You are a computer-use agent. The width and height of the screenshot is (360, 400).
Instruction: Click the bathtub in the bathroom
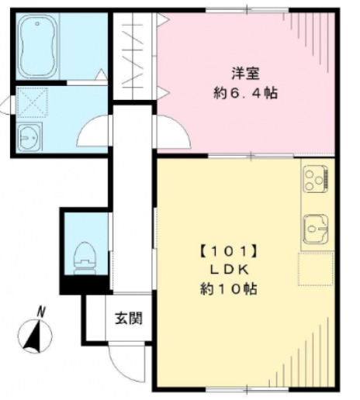click(x=38, y=47)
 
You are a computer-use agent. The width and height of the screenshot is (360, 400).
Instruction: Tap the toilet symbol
click(x=85, y=258)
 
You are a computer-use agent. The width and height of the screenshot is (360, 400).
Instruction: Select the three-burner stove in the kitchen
click(x=315, y=179)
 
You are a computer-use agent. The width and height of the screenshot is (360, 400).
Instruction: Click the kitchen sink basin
click(x=316, y=229)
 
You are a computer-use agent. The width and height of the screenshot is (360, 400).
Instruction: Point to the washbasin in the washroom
click(x=29, y=137)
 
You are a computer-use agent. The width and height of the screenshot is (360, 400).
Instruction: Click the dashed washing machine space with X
click(x=32, y=102)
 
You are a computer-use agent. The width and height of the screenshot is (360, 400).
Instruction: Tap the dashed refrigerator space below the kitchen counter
click(x=316, y=269)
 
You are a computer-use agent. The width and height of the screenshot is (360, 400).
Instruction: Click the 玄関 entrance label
click(x=129, y=318)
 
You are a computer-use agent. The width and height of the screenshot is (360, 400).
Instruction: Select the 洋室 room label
click(x=245, y=73)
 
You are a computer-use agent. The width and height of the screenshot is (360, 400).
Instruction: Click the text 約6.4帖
click(x=245, y=93)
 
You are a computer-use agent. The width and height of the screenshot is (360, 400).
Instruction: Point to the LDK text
click(x=230, y=270)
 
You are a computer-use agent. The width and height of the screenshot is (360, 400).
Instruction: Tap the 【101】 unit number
click(x=229, y=251)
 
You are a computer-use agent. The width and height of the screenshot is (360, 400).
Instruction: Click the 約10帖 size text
click(x=229, y=289)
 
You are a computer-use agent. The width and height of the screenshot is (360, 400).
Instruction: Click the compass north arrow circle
click(x=35, y=336)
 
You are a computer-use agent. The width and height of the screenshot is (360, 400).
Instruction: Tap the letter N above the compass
click(x=41, y=312)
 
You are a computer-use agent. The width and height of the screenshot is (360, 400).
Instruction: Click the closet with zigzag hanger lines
click(x=133, y=56)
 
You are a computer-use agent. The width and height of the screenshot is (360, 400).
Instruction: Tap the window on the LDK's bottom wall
click(x=247, y=389)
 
